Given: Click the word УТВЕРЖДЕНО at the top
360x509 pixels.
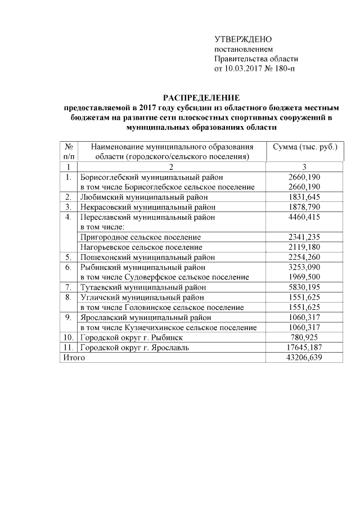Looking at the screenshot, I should pos(243,39).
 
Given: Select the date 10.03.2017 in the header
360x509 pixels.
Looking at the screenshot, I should pos(244,69).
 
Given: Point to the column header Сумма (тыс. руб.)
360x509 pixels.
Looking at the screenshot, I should pos(304,147).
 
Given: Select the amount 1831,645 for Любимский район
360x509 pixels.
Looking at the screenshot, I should pos(304,197).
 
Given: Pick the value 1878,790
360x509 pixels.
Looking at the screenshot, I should pos(304,207).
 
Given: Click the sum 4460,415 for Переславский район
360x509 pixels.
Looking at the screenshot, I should pos(304,217).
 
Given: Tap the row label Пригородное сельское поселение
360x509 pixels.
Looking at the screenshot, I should pos(140,237).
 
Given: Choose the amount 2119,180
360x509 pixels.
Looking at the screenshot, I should pos(304,247).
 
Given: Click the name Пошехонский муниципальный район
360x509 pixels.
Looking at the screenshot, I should pos(145,258).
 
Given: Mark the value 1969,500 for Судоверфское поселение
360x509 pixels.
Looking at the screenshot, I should pos(304,277).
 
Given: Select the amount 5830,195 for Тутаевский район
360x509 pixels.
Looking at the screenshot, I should pos(304,287).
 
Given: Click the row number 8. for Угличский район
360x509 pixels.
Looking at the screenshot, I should pos(67,298).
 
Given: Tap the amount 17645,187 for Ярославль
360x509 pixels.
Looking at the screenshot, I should pos(304,348).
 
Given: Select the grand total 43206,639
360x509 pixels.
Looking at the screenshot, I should pos(304,358).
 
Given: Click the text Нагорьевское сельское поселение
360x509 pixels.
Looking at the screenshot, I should pos(141,247).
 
